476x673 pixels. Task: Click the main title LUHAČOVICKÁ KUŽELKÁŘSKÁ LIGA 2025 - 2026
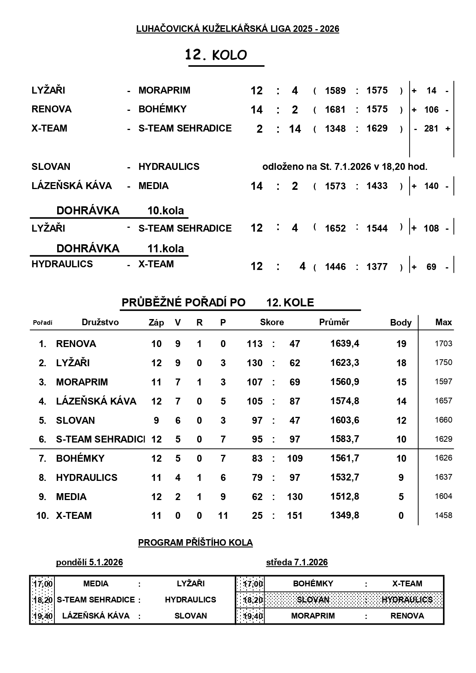click(x=237, y=29)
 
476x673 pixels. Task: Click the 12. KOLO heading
click(x=216, y=55)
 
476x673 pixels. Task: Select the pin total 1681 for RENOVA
click(x=335, y=110)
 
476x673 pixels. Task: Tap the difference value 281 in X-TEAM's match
click(x=431, y=128)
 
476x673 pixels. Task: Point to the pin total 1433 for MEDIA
click(x=377, y=186)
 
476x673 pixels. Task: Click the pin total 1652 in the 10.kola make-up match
click(x=335, y=228)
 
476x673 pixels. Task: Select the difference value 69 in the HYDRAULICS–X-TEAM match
click(x=431, y=267)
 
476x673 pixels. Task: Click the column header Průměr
click(x=334, y=322)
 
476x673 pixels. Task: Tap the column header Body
click(x=400, y=323)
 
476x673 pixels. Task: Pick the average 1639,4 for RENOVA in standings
click(x=344, y=344)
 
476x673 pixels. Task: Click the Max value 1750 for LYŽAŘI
click(x=443, y=362)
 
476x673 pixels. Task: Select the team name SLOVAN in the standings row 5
click(x=75, y=420)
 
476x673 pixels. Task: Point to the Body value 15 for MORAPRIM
click(x=401, y=382)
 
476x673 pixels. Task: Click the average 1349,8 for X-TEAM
click(x=344, y=515)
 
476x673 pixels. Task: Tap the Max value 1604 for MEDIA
click(x=443, y=496)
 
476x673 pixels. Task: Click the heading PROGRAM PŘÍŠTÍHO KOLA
click(x=195, y=543)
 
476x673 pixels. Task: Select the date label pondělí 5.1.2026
click(x=89, y=562)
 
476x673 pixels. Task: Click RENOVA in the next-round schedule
click(x=407, y=616)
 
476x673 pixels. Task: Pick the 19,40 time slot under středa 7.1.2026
click(x=253, y=616)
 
